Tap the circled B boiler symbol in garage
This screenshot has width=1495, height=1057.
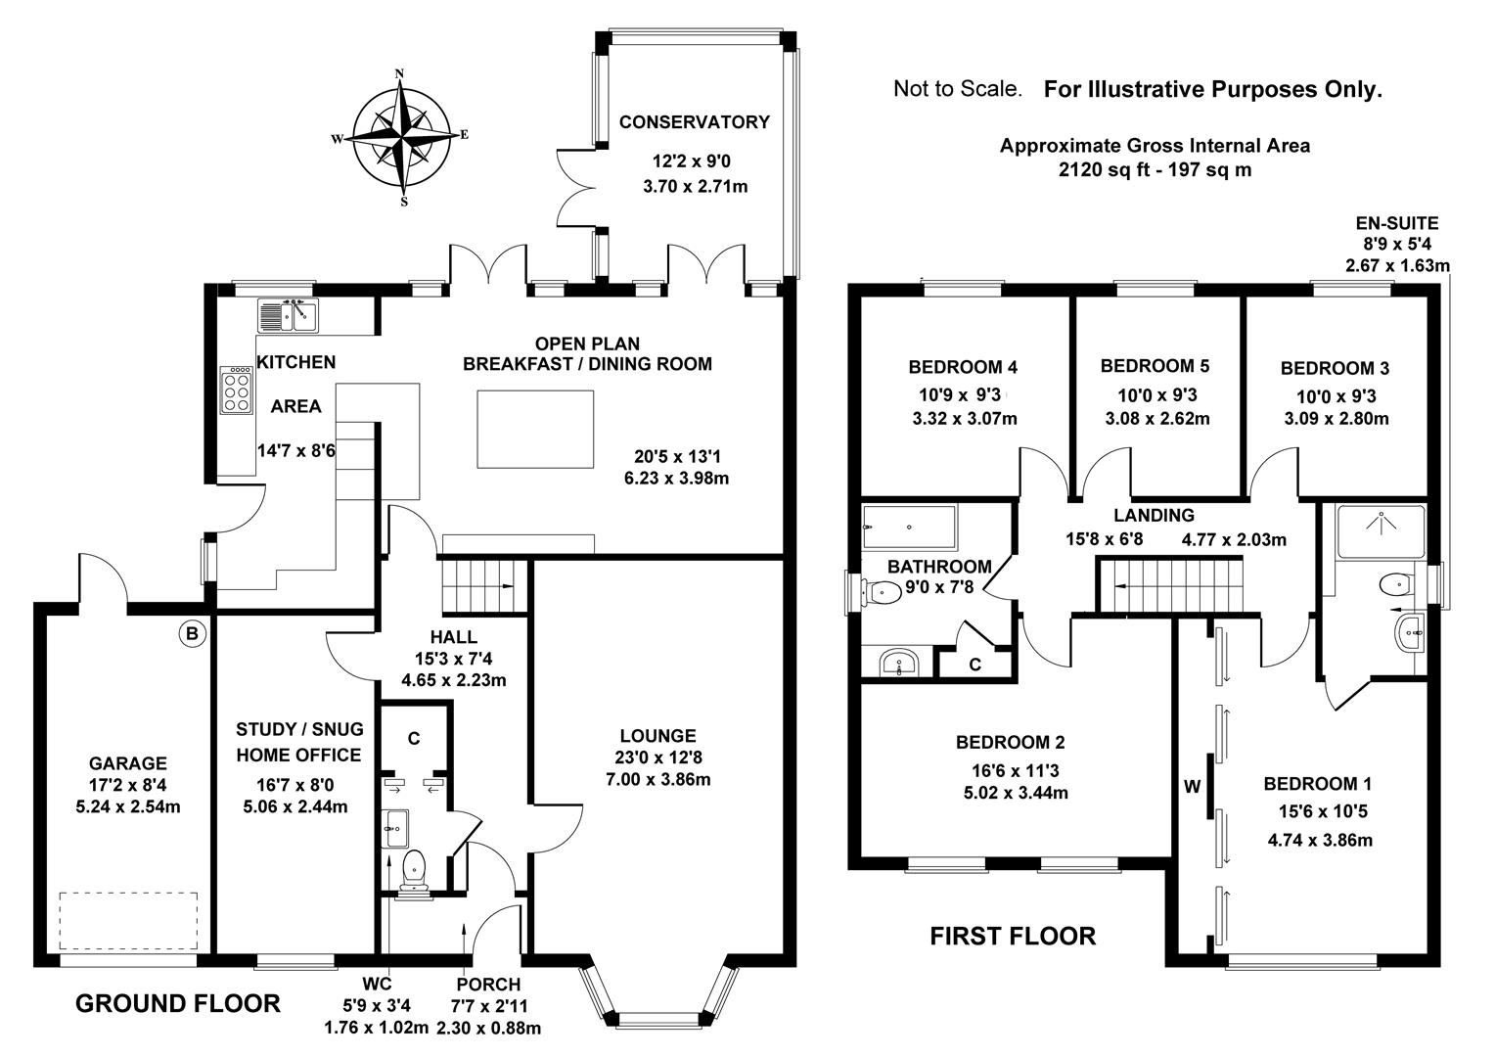(193, 634)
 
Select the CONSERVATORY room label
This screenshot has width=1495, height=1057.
(695, 122)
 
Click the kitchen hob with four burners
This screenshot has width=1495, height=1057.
(236, 390)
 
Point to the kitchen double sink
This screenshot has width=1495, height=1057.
(288, 315)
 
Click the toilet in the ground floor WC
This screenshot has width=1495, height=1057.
(414, 867)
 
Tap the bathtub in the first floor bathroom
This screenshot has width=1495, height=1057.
(909, 528)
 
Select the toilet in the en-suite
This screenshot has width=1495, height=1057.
(1393, 585)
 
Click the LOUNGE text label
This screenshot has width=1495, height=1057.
(658, 736)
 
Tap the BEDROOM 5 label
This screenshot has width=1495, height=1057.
(1155, 366)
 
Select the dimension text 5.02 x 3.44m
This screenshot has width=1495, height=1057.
(1016, 793)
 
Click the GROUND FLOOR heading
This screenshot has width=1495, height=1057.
(178, 1003)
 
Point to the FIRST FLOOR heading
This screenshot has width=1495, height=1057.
(1013, 937)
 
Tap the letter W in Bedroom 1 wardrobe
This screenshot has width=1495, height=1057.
(1192, 786)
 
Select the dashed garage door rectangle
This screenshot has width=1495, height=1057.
(128, 920)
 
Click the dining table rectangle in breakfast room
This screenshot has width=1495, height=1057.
(535, 429)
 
